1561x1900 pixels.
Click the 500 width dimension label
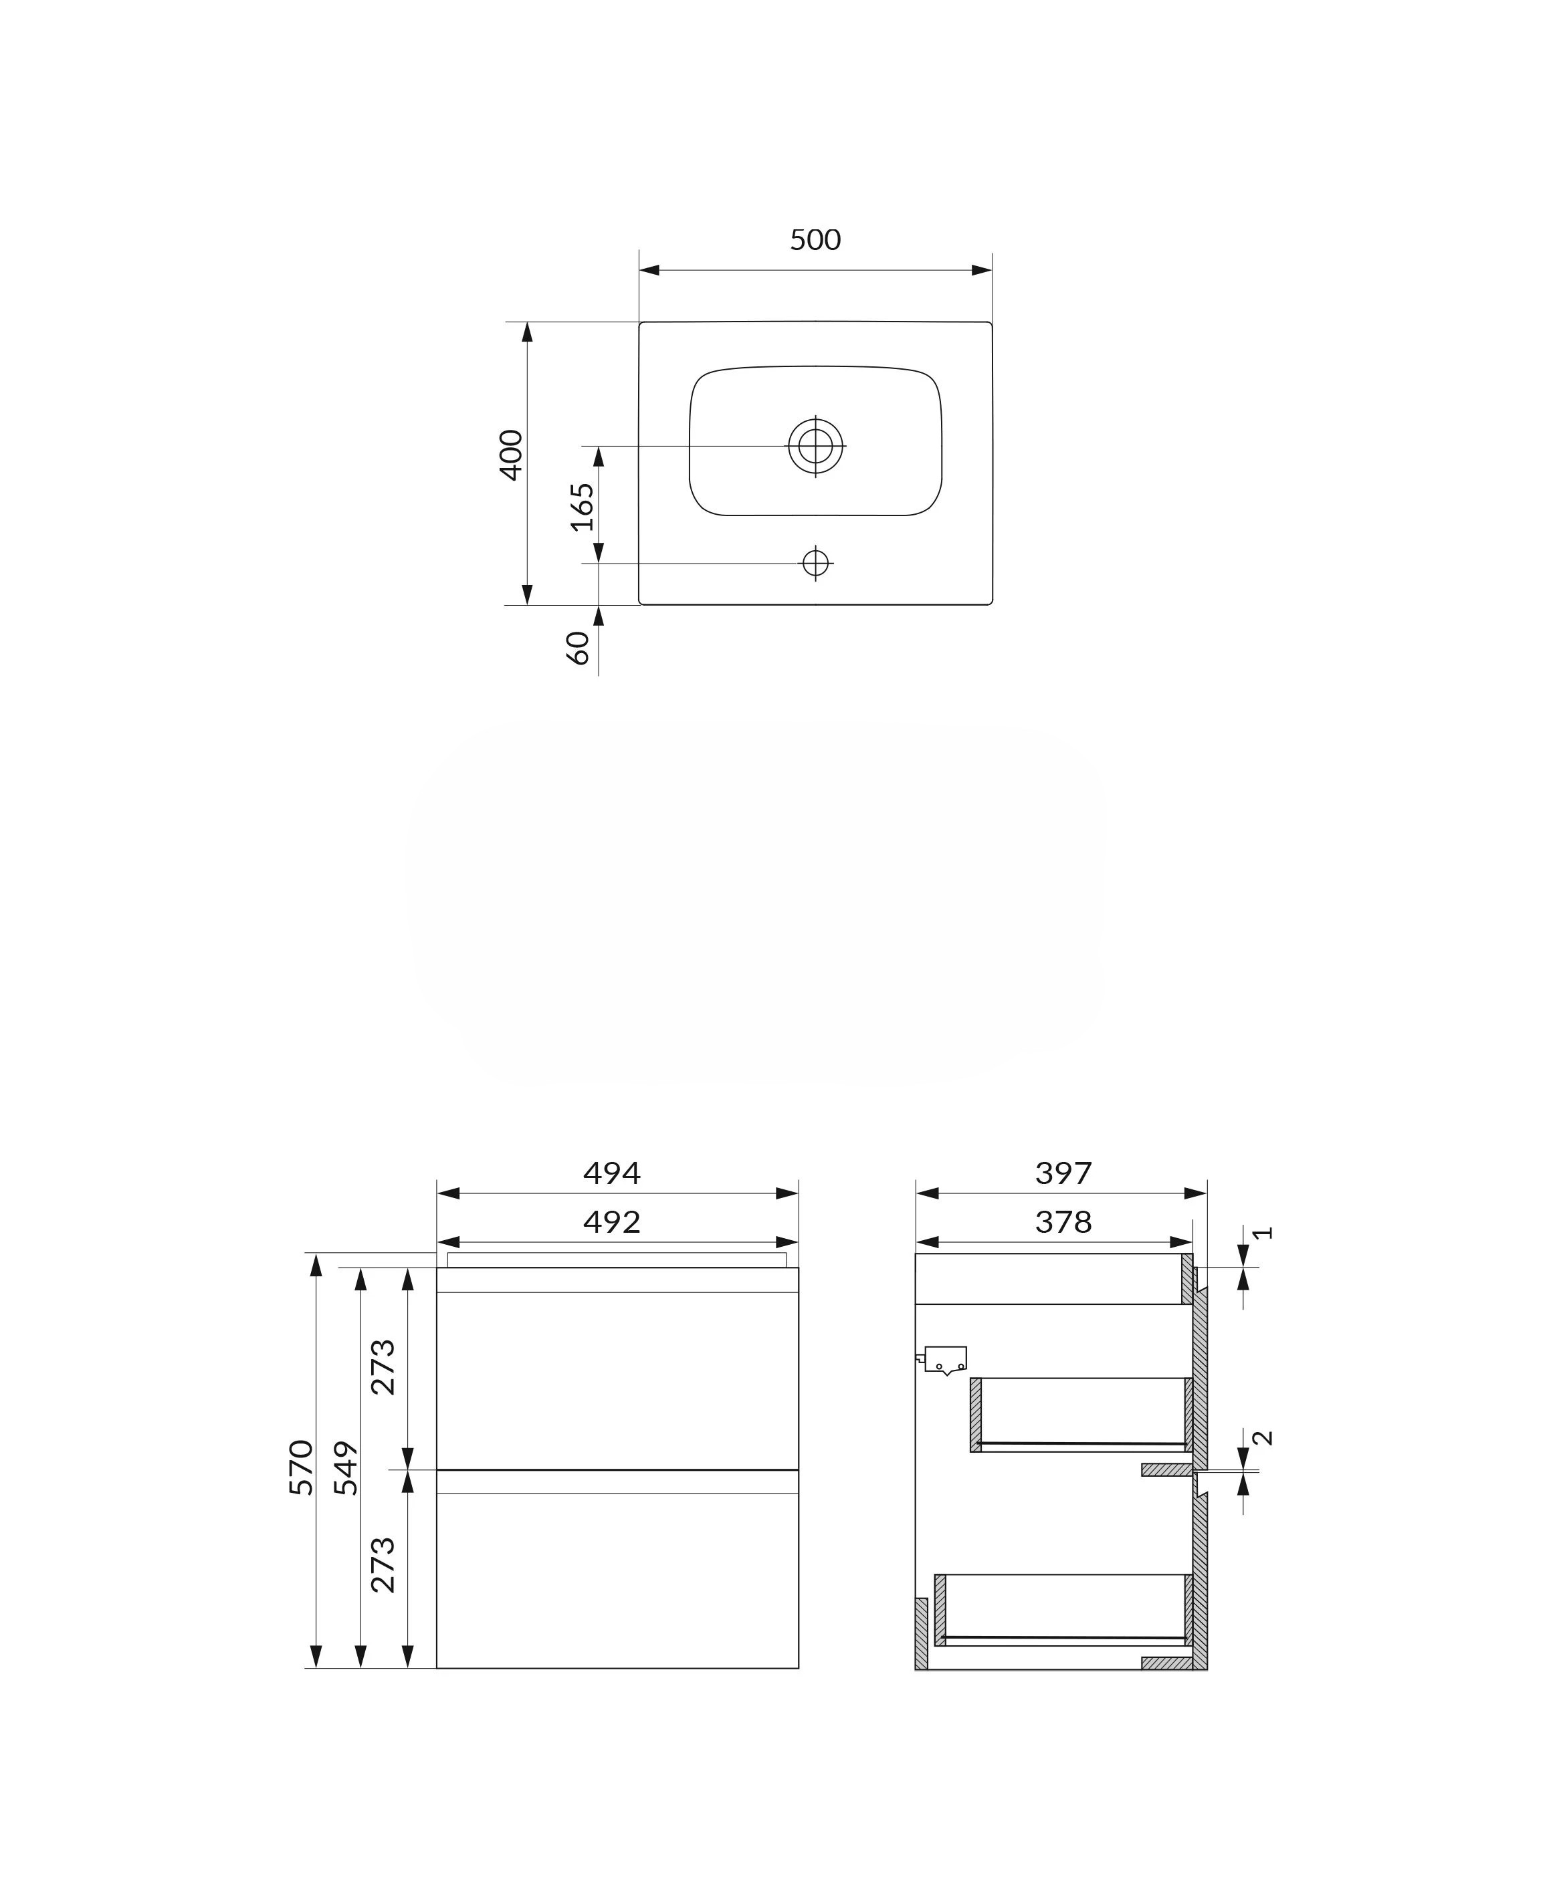pos(815,240)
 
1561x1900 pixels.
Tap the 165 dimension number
pos(583,507)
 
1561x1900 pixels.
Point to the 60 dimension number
pos(577,648)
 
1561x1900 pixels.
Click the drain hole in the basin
pos(815,446)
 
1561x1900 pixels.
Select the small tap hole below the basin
pos(815,564)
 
